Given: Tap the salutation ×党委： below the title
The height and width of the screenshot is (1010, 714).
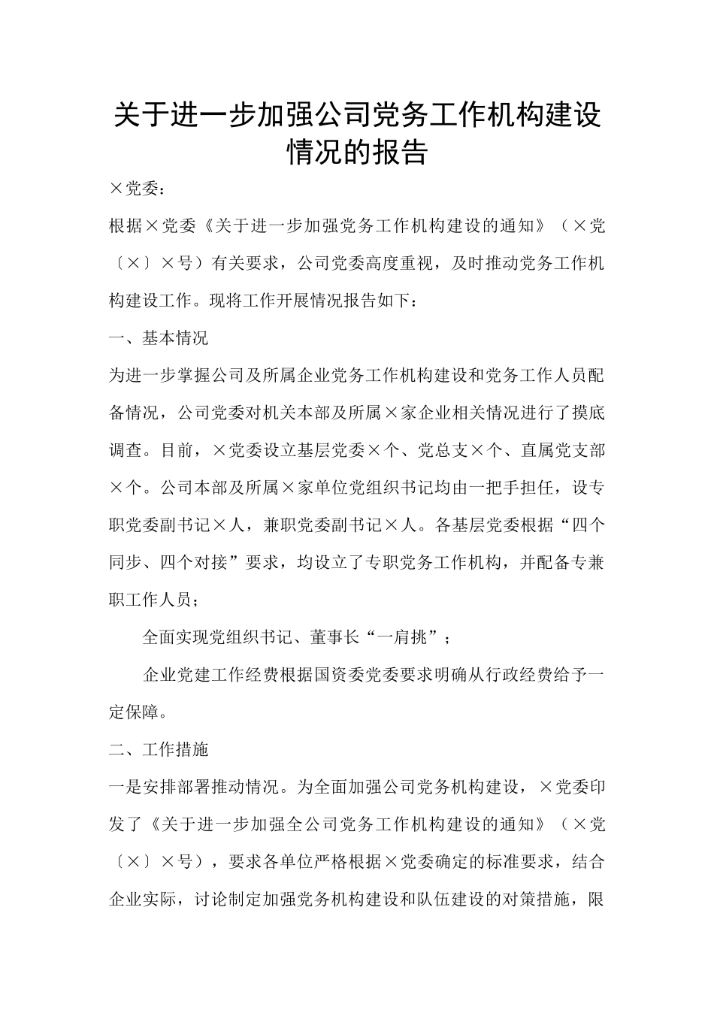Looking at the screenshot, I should (136, 189).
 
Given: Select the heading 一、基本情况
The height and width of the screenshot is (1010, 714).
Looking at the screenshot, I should (159, 338).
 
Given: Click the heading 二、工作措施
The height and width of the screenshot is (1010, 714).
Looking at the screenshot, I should (159, 749).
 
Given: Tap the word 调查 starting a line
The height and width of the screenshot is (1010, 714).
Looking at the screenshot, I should (126, 450).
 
